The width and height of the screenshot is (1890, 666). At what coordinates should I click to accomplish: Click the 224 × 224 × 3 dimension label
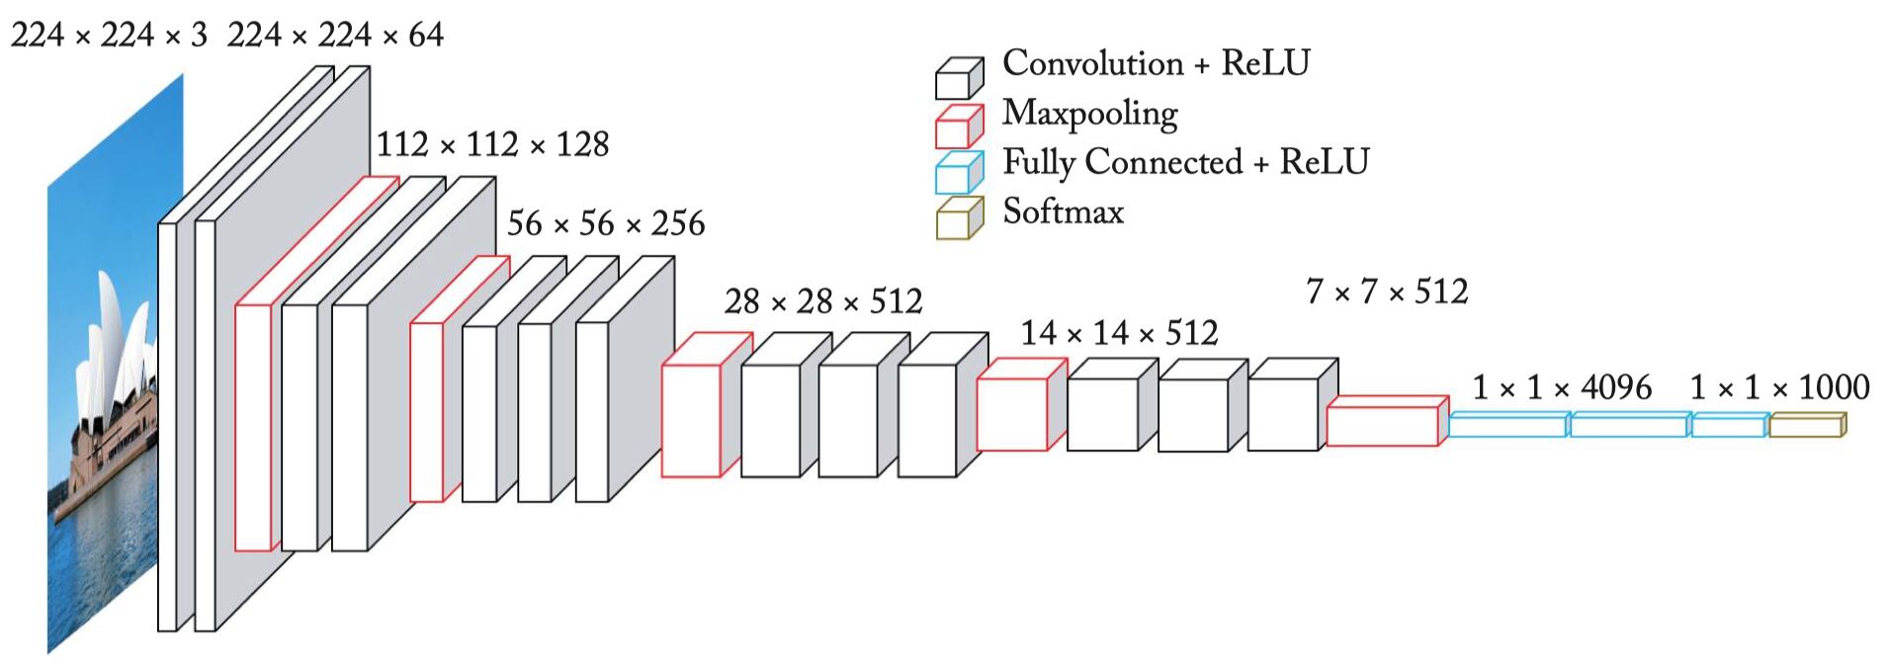tap(109, 36)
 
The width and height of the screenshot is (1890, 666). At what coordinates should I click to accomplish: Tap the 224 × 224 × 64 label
tap(335, 36)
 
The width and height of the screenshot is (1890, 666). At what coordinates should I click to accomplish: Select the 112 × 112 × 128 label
tap(492, 144)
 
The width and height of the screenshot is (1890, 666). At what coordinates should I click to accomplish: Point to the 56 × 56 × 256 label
tap(605, 223)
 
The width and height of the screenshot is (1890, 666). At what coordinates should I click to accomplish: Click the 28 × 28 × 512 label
tap(822, 301)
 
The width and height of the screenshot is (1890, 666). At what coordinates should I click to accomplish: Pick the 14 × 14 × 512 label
tap(1119, 333)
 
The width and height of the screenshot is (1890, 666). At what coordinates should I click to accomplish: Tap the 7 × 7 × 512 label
tap(1387, 291)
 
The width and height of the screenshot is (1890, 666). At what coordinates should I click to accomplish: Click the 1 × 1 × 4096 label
tap(1562, 387)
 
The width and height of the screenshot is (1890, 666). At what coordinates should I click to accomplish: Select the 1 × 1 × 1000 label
tap(1779, 387)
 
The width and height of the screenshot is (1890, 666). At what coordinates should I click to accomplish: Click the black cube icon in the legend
tap(958, 78)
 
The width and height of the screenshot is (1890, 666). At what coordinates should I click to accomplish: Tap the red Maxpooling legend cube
tap(958, 126)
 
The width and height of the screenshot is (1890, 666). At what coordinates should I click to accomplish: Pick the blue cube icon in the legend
tap(958, 173)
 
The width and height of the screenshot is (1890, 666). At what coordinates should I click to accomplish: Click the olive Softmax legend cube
tap(958, 218)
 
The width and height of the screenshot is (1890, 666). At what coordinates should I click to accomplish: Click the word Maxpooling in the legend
tap(1089, 114)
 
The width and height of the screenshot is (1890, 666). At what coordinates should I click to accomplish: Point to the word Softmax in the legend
tap(1063, 211)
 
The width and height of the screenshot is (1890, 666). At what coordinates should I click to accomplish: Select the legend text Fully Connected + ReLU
tap(1185, 162)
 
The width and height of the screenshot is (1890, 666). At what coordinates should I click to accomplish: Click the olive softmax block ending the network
tap(1806, 425)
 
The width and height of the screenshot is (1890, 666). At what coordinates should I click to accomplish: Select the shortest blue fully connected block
tap(1729, 425)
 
